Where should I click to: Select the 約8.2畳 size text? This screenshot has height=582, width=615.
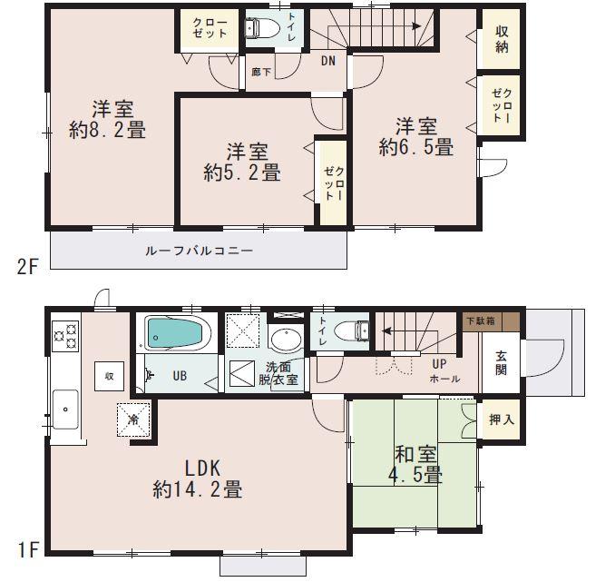tap(107, 130)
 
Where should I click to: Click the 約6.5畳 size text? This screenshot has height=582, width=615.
tap(416, 147)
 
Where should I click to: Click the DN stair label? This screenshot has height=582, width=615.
tap(328, 62)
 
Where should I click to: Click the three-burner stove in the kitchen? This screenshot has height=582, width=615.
tap(65, 338)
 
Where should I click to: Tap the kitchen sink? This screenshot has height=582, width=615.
tap(65, 410)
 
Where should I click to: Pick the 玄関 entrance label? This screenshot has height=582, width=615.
tap(502, 363)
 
